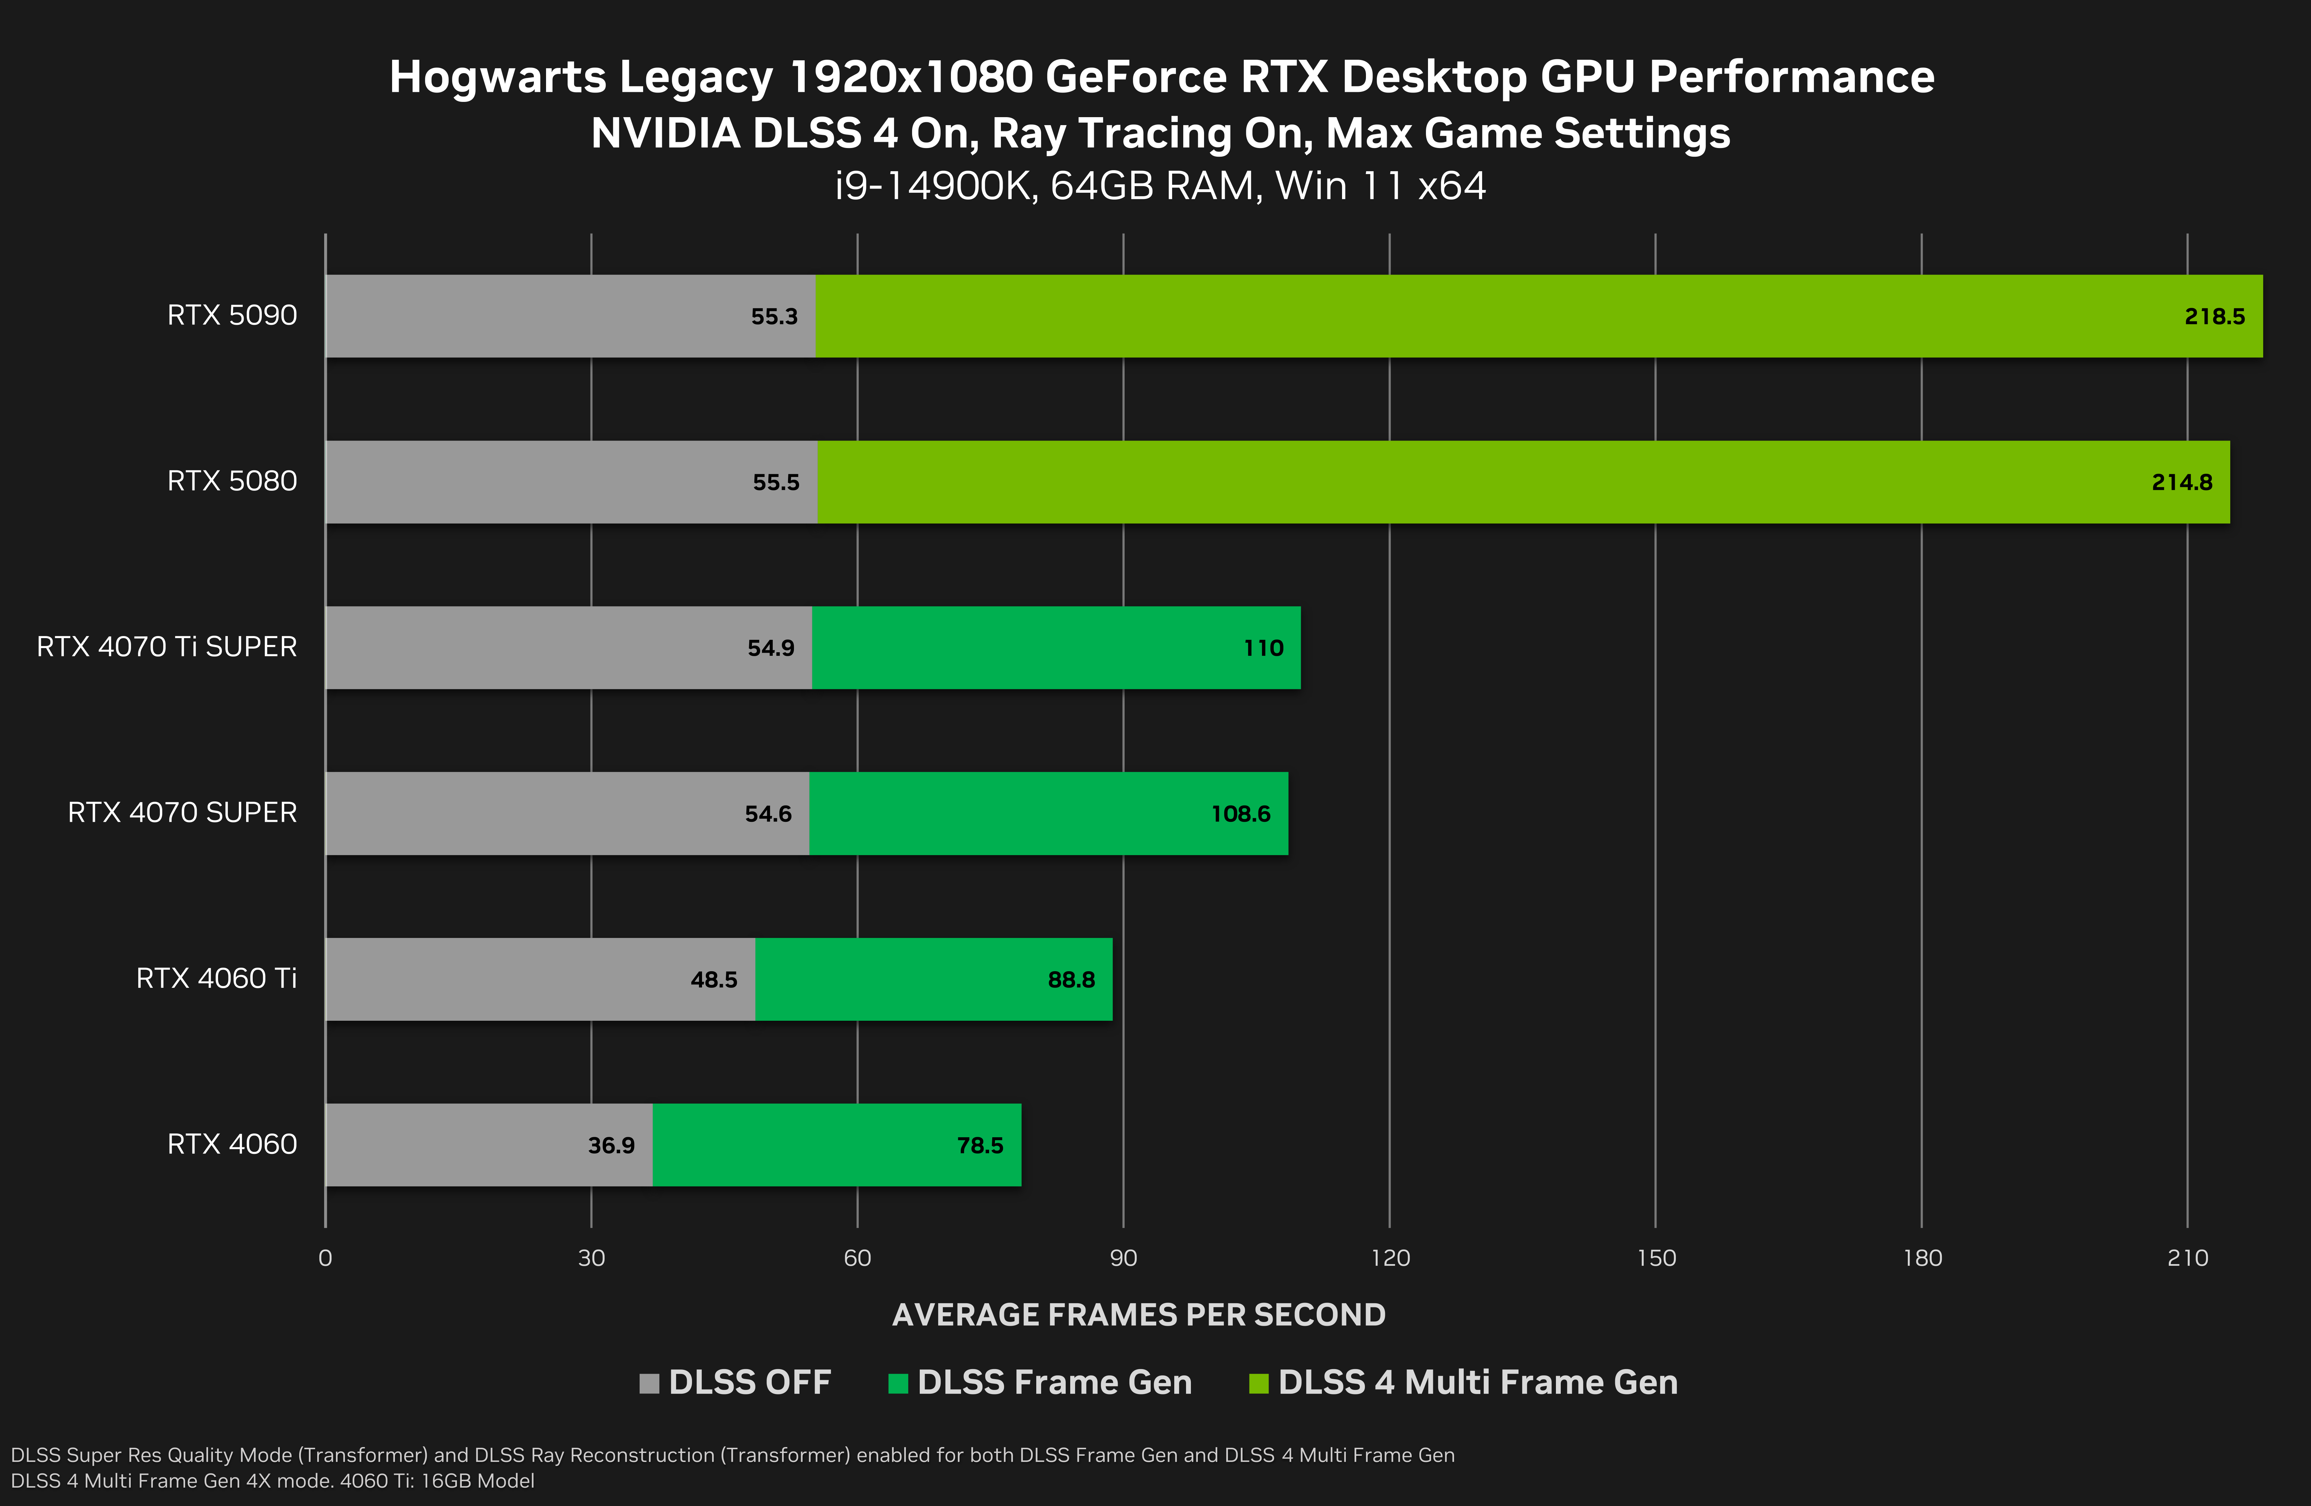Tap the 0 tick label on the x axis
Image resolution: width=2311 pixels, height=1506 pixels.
pyautogui.click(x=325, y=1259)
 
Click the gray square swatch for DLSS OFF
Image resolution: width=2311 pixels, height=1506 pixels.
pyautogui.click(x=649, y=1383)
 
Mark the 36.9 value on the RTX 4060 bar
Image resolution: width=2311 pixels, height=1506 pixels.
pyautogui.click(x=611, y=1146)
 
